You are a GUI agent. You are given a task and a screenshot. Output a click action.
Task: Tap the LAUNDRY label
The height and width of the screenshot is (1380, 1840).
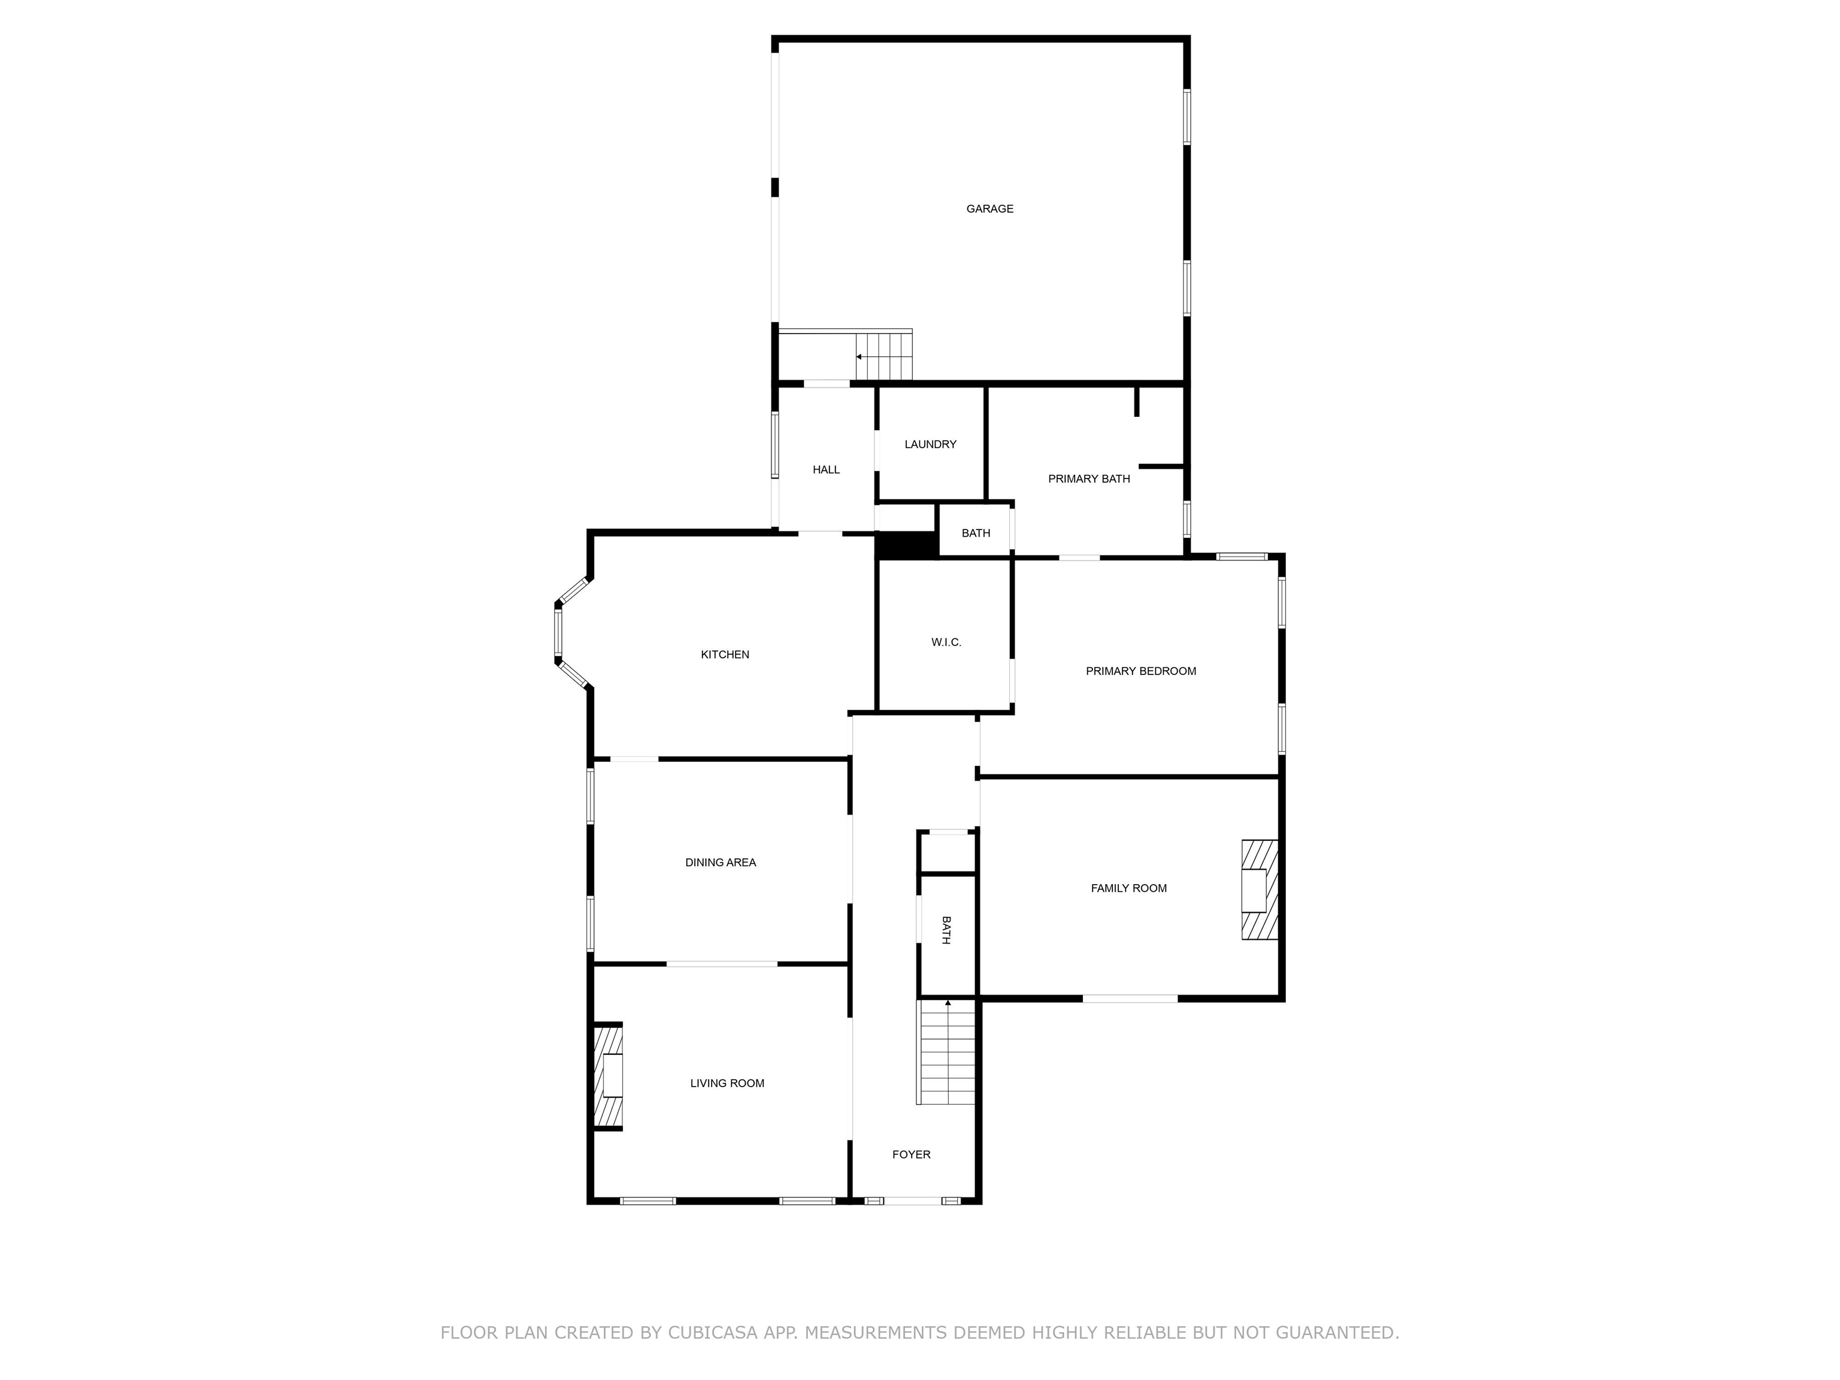930,444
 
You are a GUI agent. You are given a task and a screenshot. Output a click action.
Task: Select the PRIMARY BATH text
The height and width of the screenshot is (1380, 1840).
1089,479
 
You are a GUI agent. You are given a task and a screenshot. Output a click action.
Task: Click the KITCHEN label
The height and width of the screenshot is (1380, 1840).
725,655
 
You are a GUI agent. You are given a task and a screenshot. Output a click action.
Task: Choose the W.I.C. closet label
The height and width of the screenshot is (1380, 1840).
946,642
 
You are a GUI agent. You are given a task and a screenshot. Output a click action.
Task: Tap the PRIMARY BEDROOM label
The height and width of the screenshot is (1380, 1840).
1140,671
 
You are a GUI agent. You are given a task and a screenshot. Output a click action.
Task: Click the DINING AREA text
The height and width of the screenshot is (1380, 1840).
721,862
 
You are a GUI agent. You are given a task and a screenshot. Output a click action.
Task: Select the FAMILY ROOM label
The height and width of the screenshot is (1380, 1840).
1129,888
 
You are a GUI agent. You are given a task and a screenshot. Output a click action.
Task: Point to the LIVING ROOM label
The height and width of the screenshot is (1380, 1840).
727,1083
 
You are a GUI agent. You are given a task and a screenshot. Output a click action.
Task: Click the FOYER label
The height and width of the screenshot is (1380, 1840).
911,1155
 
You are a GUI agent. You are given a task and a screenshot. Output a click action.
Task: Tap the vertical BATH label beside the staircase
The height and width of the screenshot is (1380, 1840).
946,930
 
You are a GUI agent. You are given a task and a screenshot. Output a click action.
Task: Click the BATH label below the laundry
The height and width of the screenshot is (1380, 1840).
976,533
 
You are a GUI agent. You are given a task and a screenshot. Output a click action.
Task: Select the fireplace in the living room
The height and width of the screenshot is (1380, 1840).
608,1077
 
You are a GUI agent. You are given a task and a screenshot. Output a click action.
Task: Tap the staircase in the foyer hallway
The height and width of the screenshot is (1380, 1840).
946,1052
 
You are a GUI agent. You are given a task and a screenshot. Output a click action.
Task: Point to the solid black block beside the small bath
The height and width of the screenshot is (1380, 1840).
906,545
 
